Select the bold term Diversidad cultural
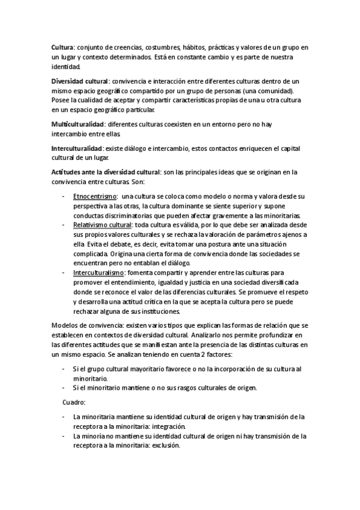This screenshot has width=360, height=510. tap(79, 81)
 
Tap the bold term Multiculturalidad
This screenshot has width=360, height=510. tap(78, 123)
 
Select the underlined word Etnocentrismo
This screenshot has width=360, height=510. tap(94, 197)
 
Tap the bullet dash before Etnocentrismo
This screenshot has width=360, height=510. tap(64, 197)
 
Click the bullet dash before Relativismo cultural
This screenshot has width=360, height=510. tap(64, 225)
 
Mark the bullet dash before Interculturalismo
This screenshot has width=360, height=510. tap(64, 272)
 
